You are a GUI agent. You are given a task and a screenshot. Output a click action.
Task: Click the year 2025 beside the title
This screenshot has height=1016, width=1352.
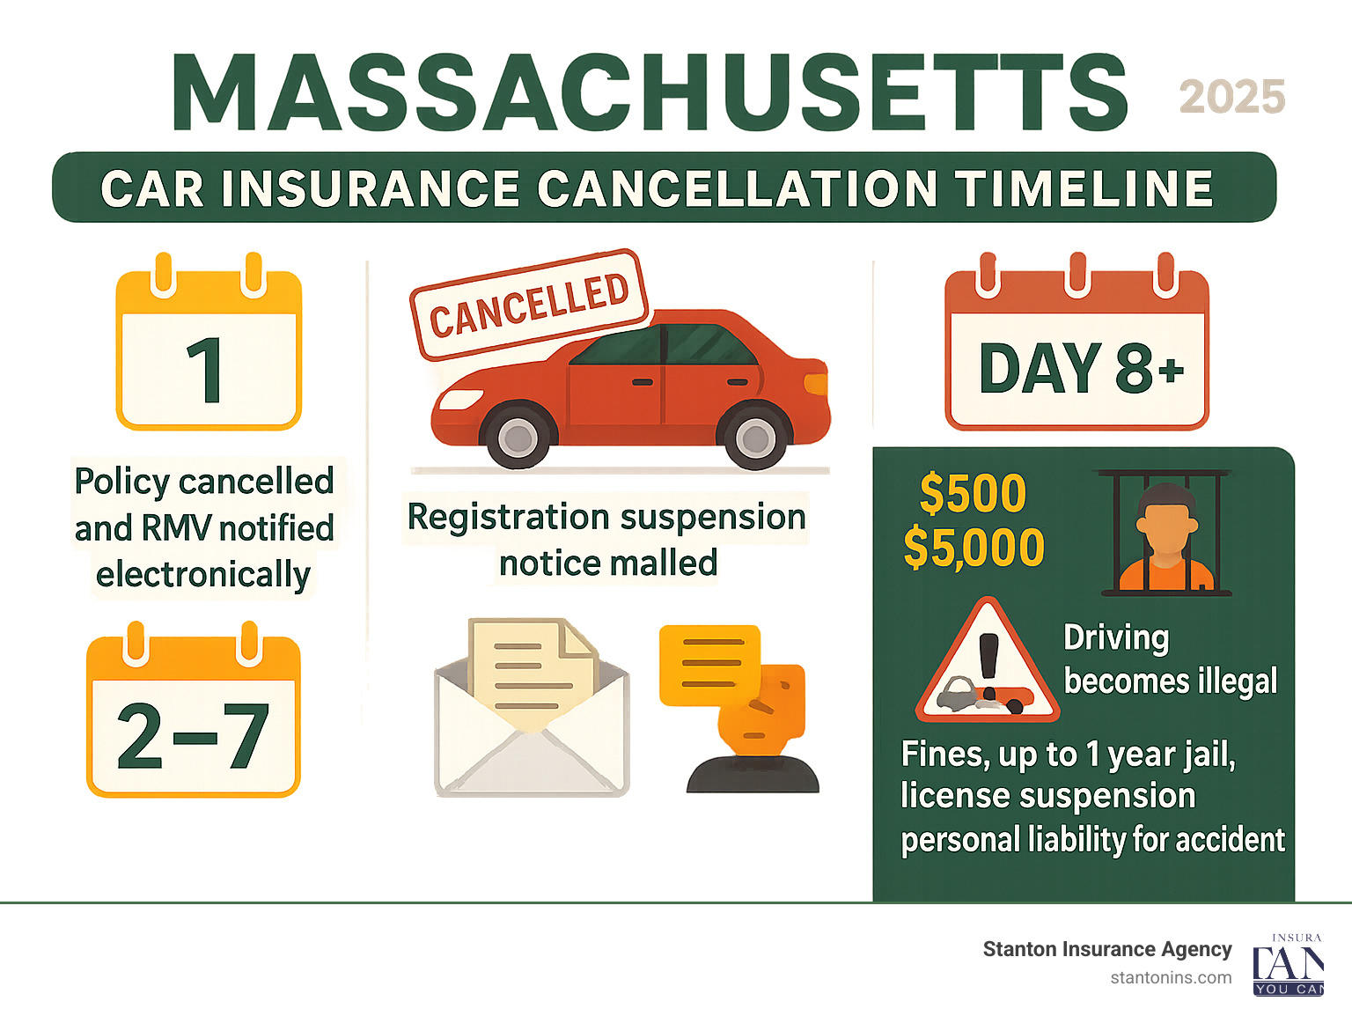pyautogui.click(x=1231, y=97)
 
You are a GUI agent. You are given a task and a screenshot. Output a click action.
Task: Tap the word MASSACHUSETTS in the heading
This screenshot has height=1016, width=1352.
pyautogui.click(x=650, y=93)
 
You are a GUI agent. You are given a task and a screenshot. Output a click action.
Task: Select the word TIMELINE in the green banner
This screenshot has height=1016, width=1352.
pyautogui.click(x=1084, y=188)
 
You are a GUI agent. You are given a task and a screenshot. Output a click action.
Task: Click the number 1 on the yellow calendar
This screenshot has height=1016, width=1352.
pyautogui.click(x=207, y=371)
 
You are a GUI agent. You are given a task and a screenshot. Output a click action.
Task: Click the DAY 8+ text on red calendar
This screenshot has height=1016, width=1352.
pyautogui.click(x=1080, y=368)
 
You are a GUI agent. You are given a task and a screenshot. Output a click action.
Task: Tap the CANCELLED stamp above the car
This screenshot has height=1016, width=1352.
pyautogui.click(x=529, y=305)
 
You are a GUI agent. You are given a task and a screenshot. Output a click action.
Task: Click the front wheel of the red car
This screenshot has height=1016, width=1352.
pyautogui.click(x=518, y=436)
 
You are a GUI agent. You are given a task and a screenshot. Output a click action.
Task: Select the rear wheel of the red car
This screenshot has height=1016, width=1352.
pyautogui.click(x=754, y=437)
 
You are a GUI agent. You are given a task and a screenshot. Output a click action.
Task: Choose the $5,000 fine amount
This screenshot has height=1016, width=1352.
pyautogui.click(x=974, y=548)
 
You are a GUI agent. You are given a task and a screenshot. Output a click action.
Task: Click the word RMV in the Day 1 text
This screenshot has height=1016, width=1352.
pyautogui.click(x=176, y=528)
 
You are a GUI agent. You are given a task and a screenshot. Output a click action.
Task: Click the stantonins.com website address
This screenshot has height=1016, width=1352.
pyautogui.click(x=1171, y=977)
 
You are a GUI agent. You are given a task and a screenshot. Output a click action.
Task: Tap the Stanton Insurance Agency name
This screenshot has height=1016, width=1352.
pyautogui.click(x=1106, y=949)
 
